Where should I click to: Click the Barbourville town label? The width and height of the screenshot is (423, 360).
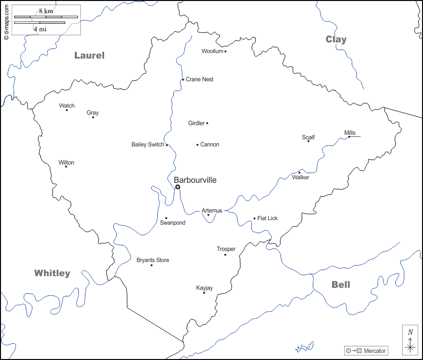(x=195, y=180)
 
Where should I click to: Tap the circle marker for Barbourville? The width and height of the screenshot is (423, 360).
(x=177, y=187)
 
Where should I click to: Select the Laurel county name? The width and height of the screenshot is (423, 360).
(x=89, y=56)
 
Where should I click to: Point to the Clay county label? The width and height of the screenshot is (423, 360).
(x=336, y=39)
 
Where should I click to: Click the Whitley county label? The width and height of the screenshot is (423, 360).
(x=52, y=273)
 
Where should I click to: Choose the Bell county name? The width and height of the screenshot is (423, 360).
(x=341, y=284)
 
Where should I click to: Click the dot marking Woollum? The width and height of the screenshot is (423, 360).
(x=225, y=51)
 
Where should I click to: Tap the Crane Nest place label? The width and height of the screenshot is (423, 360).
(x=200, y=79)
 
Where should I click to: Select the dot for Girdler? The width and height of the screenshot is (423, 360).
(x=207, y=123)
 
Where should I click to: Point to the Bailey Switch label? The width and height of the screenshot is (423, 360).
(x=148, y=144)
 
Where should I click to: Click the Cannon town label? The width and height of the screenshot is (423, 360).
(x=210, y=144)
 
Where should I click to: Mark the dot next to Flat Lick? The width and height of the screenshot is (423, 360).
(x=254, y=219)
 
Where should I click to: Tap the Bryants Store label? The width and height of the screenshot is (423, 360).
(x=153, y=260)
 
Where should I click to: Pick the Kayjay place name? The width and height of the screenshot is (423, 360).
(x=205, y=288)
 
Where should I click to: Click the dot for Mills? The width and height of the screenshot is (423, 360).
(x=349, y=136)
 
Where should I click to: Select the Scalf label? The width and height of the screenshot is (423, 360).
(x=308, y=137)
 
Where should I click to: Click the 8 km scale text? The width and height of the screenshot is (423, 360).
(x=46, y=11)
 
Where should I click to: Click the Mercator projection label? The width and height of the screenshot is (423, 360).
(x=374, y=351)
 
